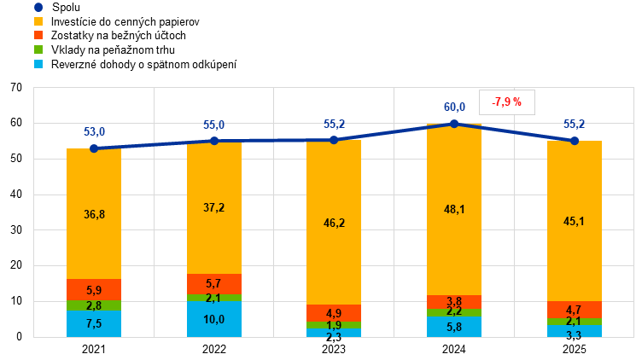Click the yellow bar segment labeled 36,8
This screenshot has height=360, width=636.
[94, 214]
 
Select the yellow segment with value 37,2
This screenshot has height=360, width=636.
[214, 208]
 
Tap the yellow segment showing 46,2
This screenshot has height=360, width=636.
[334, 223]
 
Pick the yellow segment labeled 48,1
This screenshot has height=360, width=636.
[454, 210]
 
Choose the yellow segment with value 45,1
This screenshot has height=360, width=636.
[575, 221]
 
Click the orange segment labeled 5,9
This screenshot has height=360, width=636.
[94, 290]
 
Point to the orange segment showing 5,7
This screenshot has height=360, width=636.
[214, 284]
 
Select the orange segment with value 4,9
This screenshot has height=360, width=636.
[334, 313]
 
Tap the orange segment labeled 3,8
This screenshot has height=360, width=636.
[454, 301]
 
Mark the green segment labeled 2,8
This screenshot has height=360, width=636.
[94, 305]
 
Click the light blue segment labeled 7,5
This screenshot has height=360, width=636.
[94, 323]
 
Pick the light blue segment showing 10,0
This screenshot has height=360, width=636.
[214, 319]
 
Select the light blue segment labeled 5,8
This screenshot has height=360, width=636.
[454, 327]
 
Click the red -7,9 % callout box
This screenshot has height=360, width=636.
[507, 102]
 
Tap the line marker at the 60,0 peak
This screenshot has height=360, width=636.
[454, 123]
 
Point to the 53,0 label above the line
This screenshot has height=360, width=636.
[94, 132]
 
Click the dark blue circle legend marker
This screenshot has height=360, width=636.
[38, 7]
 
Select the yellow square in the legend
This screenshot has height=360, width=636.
[38, 20]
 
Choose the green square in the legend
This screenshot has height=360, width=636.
[38, 49]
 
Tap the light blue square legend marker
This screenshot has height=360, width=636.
[38, 64]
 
